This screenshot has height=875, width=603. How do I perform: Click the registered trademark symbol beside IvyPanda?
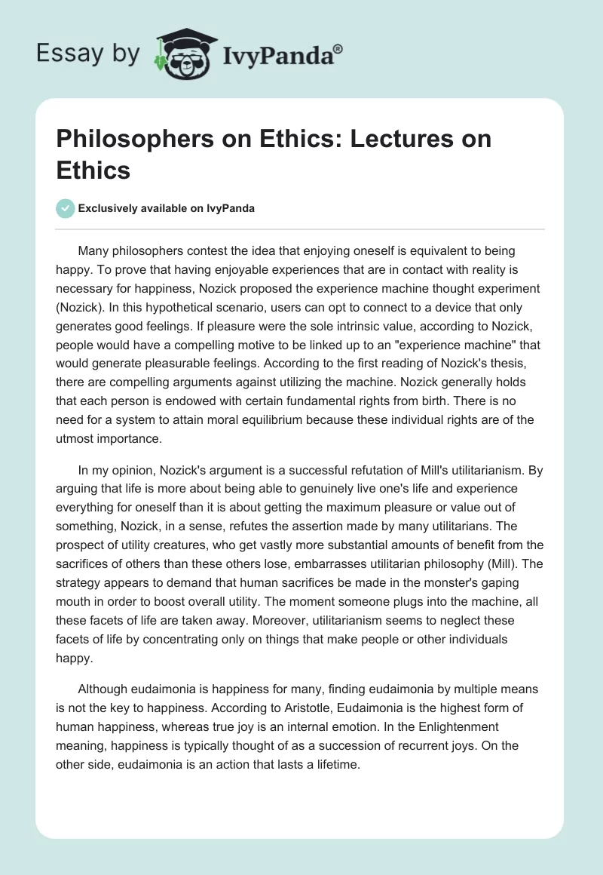338,49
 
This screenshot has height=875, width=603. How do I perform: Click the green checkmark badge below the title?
66,207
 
